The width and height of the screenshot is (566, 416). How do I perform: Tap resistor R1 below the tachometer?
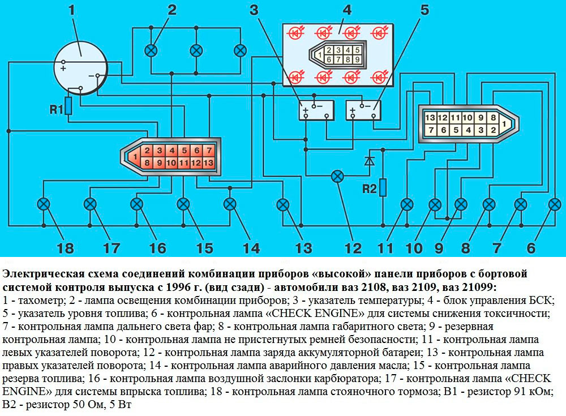point(68,106)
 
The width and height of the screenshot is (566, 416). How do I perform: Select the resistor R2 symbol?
point(383,187)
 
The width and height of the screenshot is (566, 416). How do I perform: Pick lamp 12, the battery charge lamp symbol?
point(337,176)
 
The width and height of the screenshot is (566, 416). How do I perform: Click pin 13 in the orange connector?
point(209,163)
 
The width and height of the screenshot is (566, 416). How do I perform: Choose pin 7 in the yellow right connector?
point(430,131)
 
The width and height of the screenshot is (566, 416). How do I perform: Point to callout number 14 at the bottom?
point(250,248)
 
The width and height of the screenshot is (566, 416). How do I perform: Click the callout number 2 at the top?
point(171,10)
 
